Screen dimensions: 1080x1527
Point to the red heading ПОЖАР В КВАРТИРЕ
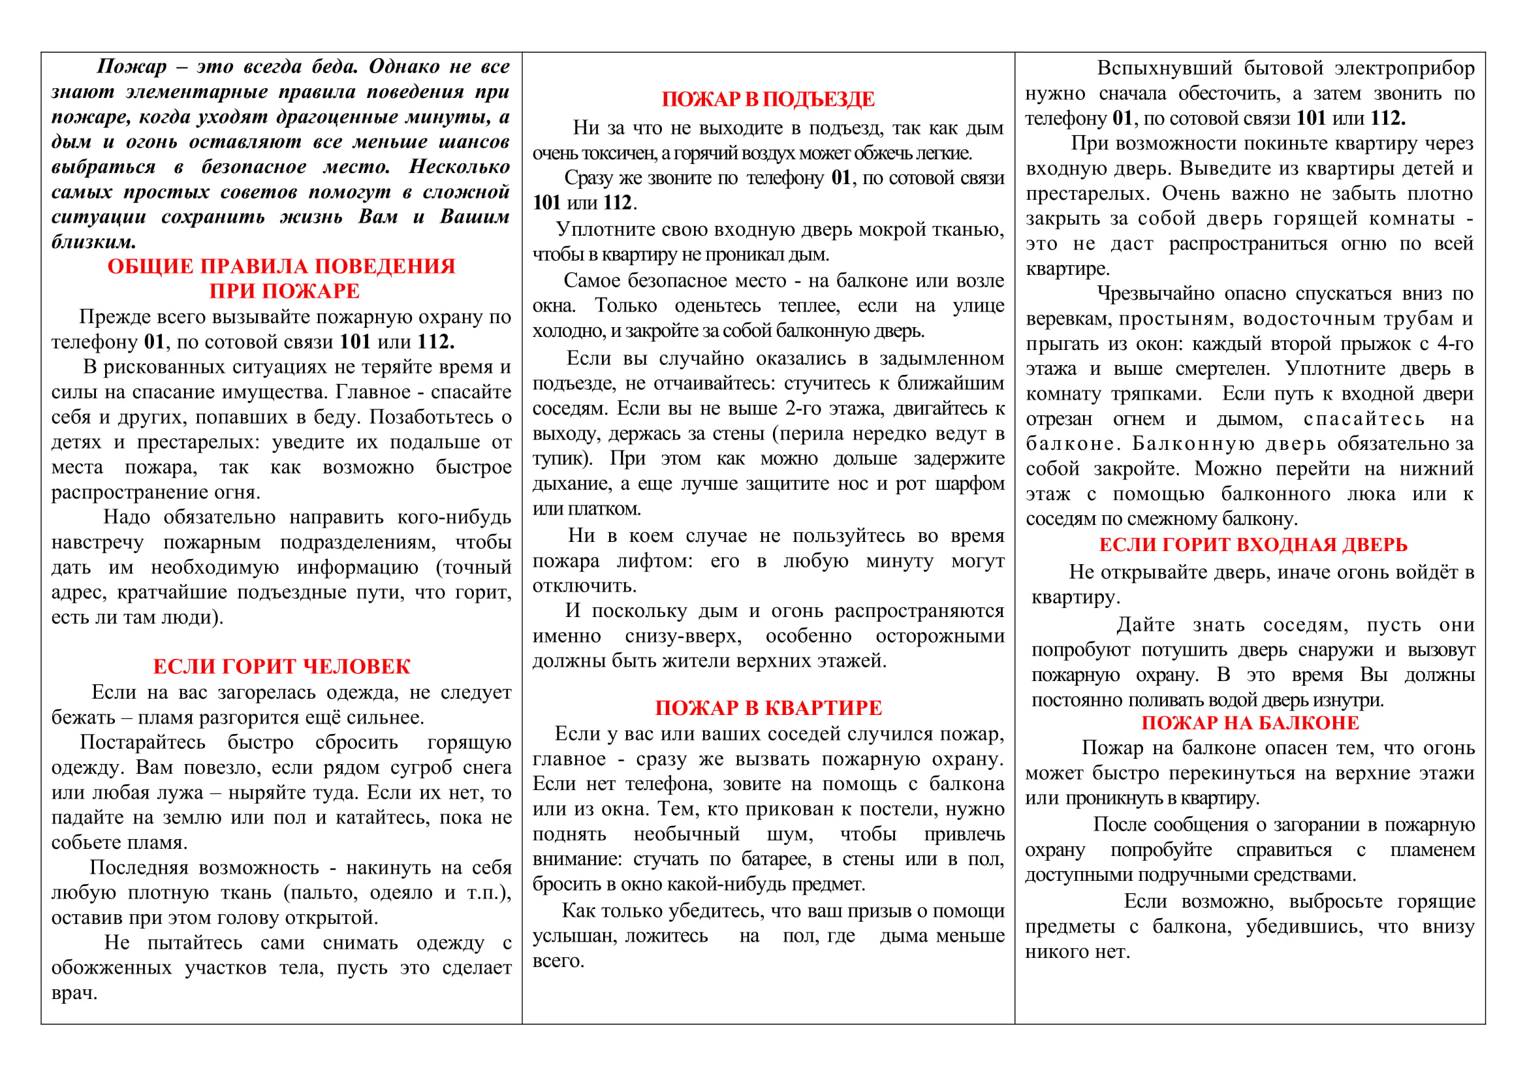tap(768, 708)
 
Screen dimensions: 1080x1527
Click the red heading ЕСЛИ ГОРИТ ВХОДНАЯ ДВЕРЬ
tap(1253, 545)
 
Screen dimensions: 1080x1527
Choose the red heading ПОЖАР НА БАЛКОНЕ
tap(1250, 723)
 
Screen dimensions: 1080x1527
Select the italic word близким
tap(93, 242)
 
